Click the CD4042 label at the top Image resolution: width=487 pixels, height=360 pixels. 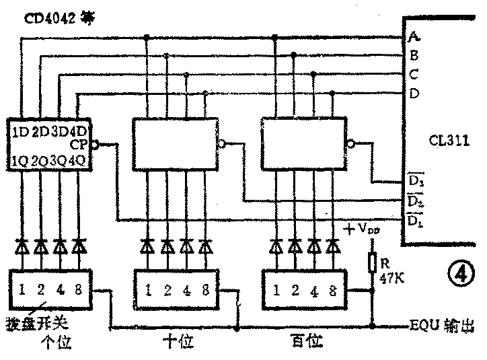click(59, 17)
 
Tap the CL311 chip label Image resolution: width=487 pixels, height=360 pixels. click(449, 142)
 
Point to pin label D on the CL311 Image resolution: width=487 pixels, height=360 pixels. click(414, 94)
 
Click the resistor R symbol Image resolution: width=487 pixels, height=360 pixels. click(372, 263)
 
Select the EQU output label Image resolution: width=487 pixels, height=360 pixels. click(439, 328)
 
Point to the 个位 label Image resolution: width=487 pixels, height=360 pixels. click(55, 343)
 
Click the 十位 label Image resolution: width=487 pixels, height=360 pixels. click(178, 341)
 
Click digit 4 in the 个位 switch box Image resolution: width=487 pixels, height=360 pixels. click(60, 291)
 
